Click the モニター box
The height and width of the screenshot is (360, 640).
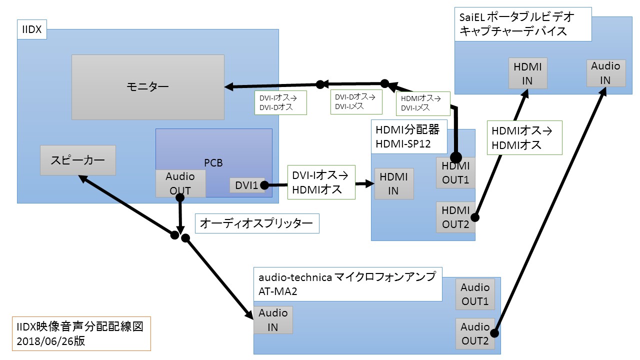148,87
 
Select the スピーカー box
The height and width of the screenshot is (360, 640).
77,160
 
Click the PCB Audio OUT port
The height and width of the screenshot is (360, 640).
180,183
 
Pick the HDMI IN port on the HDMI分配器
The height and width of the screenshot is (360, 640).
393,183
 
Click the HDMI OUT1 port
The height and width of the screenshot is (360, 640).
455,173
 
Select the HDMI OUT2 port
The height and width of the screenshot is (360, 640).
455,217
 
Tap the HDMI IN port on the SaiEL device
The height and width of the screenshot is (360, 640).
527,73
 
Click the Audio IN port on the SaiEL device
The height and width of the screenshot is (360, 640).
605,73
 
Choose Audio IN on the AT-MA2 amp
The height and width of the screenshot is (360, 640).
273,320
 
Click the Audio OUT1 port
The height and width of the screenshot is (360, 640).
475,294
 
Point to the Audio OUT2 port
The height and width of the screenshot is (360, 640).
475,333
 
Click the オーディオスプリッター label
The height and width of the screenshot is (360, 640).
256,223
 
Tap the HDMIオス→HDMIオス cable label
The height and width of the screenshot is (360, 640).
524,137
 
